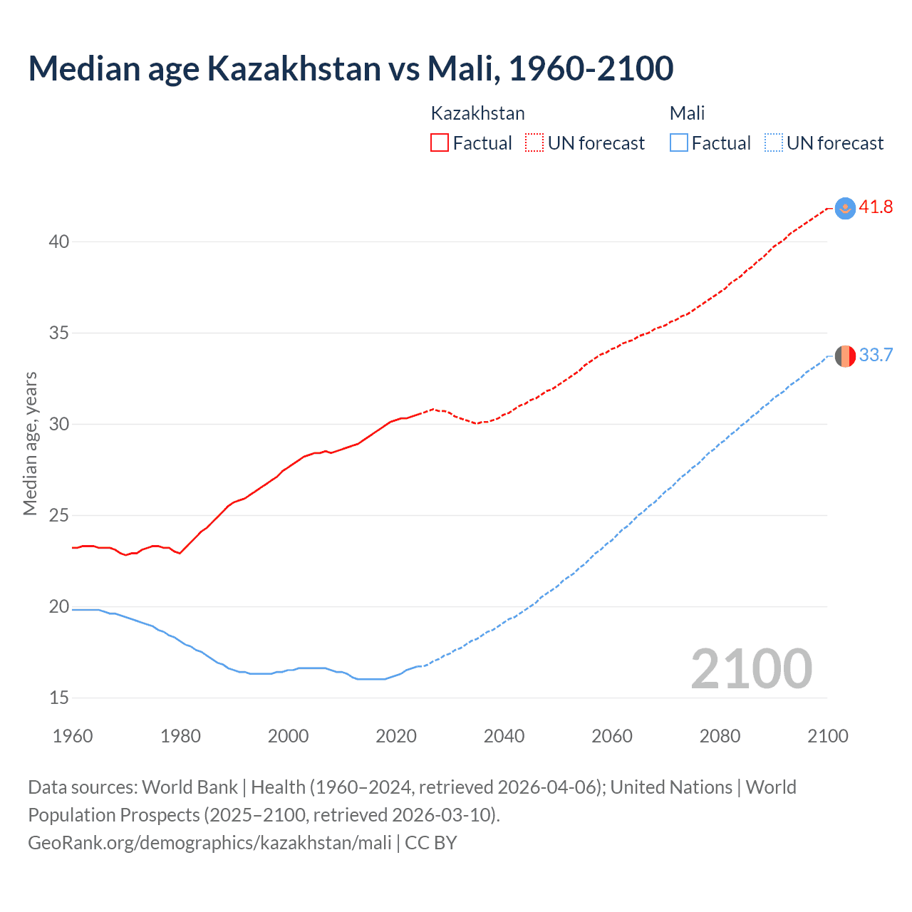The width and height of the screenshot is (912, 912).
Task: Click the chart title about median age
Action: pos(351,68)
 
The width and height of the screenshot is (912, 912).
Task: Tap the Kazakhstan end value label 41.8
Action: pos(876,207)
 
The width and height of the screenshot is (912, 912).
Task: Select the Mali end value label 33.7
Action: pos(876,355)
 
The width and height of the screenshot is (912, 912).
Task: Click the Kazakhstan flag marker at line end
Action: pos(845,208)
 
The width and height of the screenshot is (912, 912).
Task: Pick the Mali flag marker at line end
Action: pos(845,356)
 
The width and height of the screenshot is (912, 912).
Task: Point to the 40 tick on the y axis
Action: pos(59,242)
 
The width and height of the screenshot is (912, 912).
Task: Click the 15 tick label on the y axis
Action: pos(59,698)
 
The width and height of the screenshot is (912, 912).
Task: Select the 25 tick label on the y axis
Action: pos(59,515)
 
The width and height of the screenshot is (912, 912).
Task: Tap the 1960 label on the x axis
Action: pos(73,736)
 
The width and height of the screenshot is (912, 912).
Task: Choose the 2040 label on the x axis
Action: pos(504,736)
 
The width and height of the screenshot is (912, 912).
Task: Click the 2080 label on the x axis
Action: pos(720,736)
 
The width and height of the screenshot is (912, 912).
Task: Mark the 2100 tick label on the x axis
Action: pos(827,736)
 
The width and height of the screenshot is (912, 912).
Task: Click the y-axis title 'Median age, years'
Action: pos(30,443)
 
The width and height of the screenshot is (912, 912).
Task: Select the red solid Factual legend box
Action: pos(440,142)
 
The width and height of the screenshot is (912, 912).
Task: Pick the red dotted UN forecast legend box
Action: pos(534,142)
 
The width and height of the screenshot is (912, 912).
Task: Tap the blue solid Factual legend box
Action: pos(678,142)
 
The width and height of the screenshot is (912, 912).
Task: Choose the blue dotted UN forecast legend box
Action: pos(773,142)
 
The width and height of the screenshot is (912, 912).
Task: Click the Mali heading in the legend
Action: pos(687,113)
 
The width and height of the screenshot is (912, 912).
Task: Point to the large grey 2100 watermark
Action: pos(751,668)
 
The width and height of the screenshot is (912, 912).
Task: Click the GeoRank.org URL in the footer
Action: pos(209,843)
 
